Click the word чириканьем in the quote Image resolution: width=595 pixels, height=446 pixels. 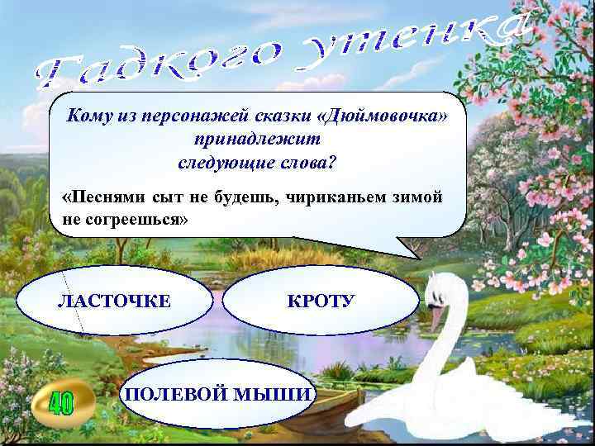point(342,198)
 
